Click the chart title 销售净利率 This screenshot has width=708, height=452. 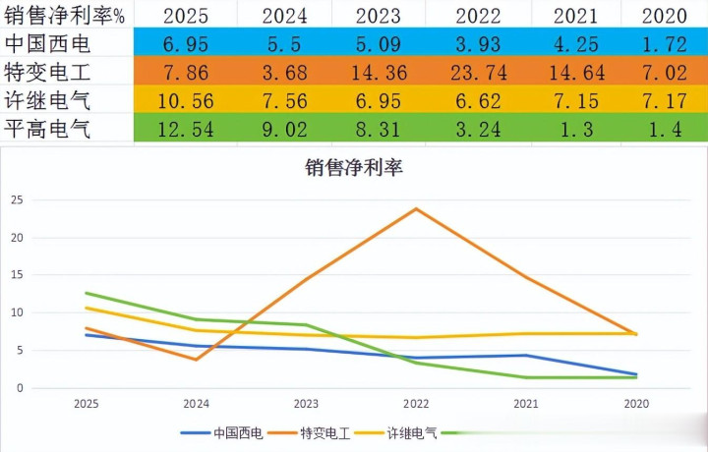[x=354, y=167]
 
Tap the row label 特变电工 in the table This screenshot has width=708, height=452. [x=48, y=72]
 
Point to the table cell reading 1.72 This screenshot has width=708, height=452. [x=664, y=44]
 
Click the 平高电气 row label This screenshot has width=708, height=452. [x=48, y=129]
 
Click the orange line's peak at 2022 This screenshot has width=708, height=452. [x=416, y=208]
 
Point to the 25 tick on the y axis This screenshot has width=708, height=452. [x=16, y=199]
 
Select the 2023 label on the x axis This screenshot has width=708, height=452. [x=306, y=403]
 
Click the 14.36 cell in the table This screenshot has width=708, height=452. [x=397, y=72]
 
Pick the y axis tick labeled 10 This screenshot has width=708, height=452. [x=16, y=312]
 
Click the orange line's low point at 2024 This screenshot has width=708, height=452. [x=197, y=360]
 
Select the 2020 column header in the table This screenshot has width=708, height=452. [x=664, y=15]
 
